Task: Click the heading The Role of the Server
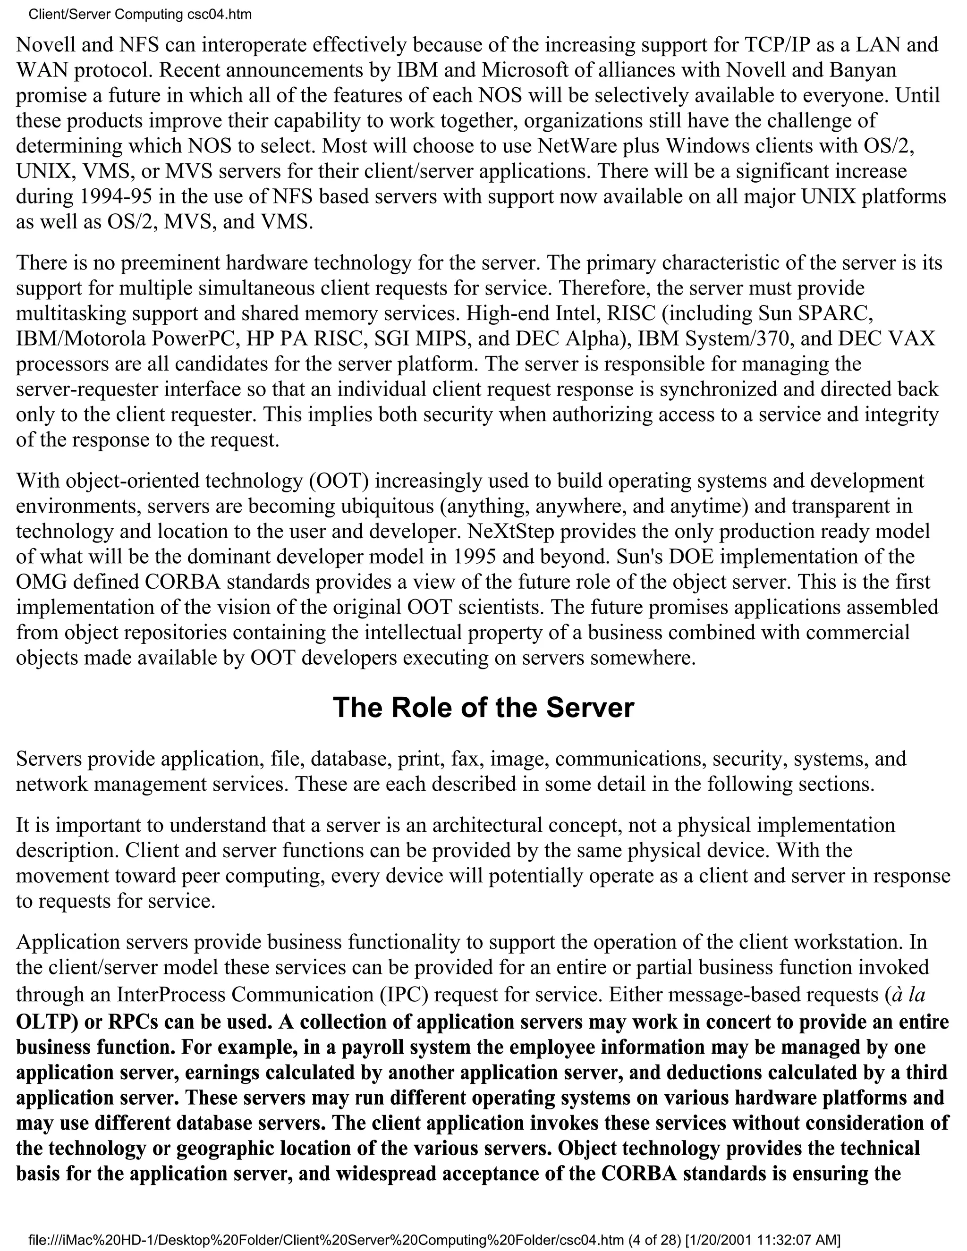(483, 708)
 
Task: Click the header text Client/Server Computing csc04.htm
(140, 14)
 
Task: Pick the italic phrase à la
(908, 995)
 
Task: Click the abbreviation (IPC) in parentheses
(403, 995)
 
